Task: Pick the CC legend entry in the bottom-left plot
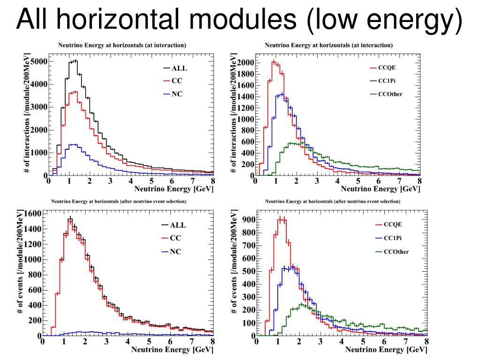coord(175,238)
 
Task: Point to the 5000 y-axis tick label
coord(38,62)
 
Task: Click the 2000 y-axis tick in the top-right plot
coord(246,63)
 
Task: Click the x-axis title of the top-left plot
coord(174,189)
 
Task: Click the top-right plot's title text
coord(328,46)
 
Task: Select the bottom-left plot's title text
coord(119,201)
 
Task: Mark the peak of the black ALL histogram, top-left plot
coord(74,61)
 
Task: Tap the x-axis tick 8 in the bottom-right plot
coord(426,342)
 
